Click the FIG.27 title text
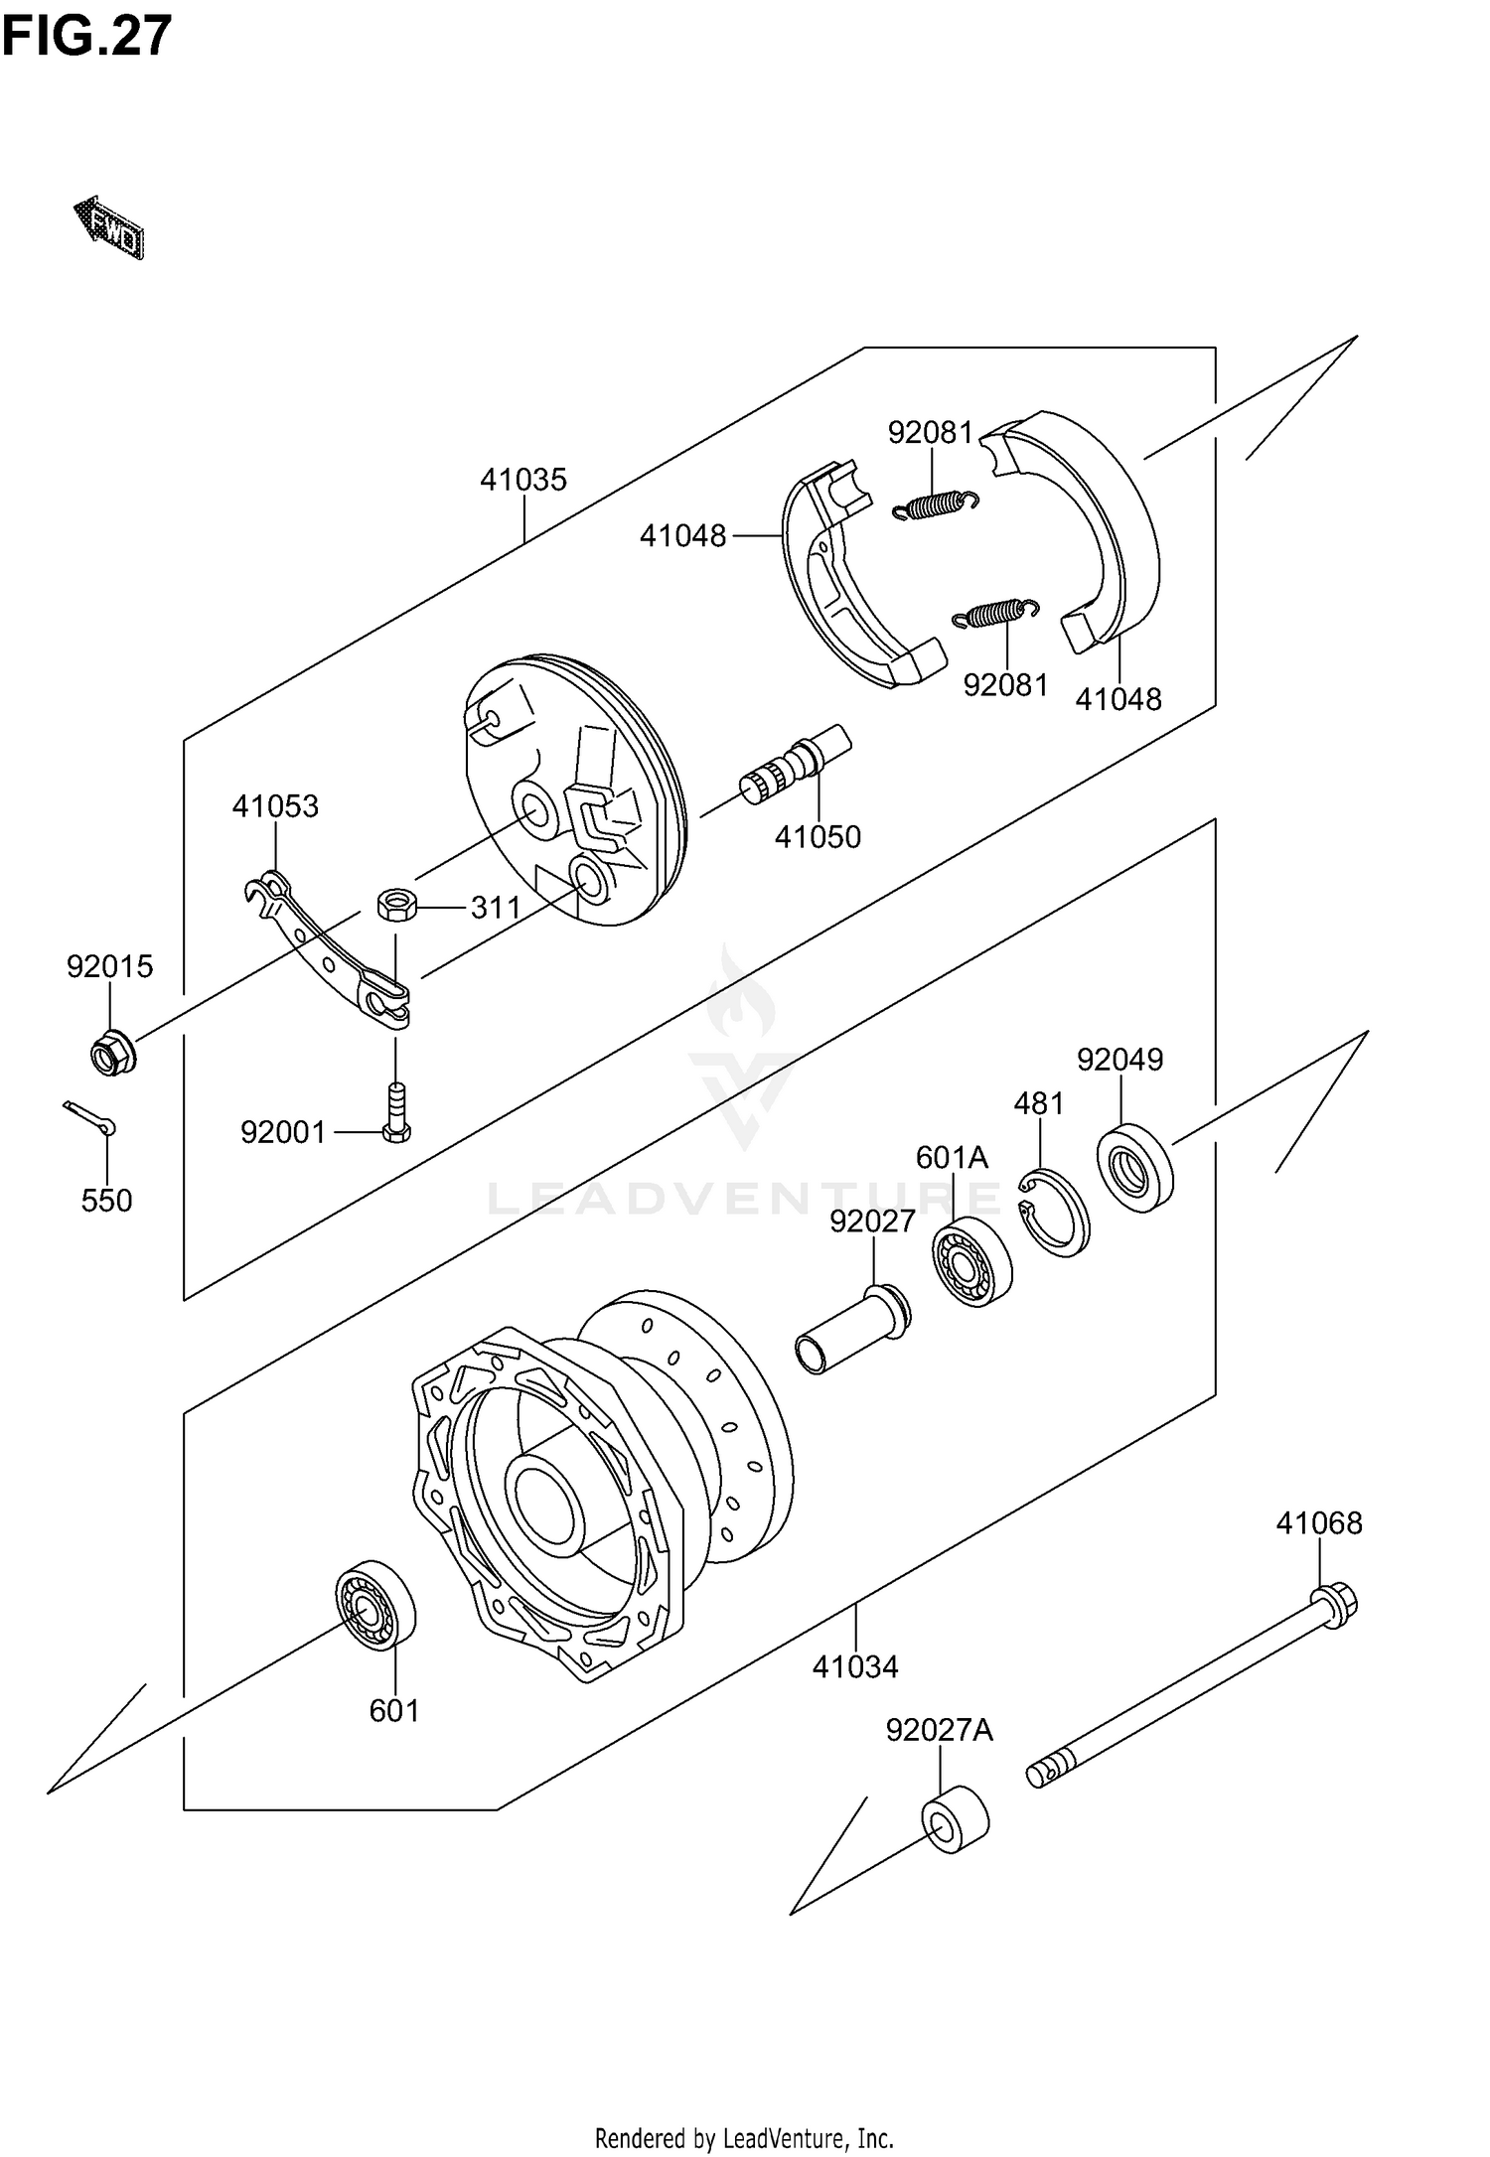[x=86, y=37]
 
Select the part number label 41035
[x=522, y=480]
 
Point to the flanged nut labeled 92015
[x=112, y=1054]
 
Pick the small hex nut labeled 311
[x=395, y=905]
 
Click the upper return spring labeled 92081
[x=936, y=505]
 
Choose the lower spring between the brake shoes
[x=995, y=614]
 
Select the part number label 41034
[x=854, y=1666]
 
